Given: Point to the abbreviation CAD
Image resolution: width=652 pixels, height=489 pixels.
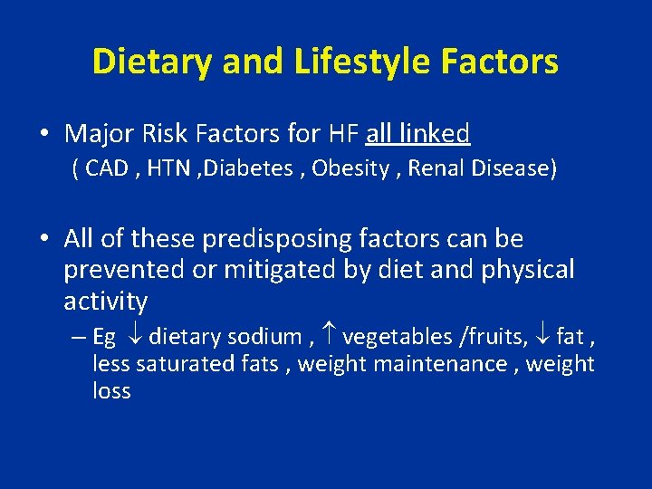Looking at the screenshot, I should click(x=107, y=168).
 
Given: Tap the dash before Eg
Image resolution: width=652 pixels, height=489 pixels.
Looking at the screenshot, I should click(x=77, y=338).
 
